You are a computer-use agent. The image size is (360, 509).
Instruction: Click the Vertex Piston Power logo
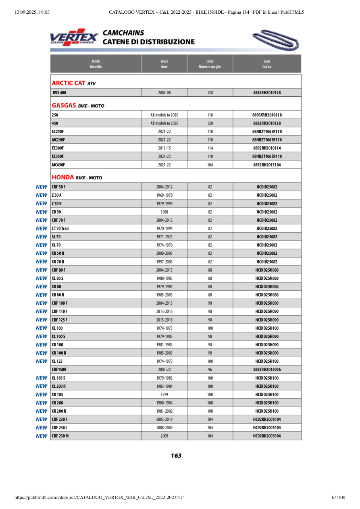click(74, 37)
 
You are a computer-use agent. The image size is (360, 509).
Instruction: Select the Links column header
click(210, 64)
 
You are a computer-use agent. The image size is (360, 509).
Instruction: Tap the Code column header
click(266, 64)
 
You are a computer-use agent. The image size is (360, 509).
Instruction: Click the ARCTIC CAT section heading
click(69, 83)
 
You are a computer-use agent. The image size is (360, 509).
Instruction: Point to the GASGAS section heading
click(64, 106)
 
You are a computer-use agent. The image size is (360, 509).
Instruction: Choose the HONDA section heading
click(63, 177)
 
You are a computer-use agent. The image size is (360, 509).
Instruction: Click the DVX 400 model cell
click(59, 93)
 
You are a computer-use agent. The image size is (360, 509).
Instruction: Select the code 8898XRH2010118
click(266, 115)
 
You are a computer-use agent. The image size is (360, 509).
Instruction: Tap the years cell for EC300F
click(164, 148)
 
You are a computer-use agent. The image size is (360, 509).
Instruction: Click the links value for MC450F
click(210, 165)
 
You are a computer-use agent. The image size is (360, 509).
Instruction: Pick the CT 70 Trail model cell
click(60, 229)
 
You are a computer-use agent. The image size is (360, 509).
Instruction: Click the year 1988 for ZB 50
click(164, 212)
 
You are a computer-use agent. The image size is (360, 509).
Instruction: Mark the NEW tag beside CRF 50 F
click(42, 187)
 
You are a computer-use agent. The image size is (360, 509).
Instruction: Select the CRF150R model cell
click(59, 370)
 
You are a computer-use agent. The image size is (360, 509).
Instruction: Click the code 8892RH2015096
click(266, 370)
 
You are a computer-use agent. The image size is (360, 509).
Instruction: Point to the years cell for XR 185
click(164, 395)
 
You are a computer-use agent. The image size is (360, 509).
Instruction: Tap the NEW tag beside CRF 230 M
click(42, 436)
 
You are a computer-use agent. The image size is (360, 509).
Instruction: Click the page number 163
click(176, 456)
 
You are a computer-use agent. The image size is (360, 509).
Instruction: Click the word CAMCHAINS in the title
click(123, 33)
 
